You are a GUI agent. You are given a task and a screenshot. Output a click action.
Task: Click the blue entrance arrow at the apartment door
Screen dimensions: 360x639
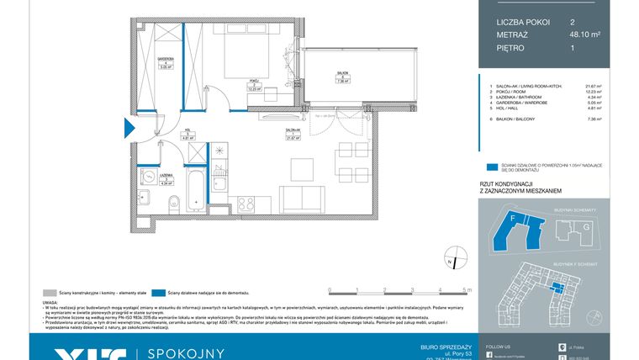[x=129, y=128]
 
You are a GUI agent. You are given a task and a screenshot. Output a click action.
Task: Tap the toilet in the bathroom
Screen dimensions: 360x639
[x=172, y=201]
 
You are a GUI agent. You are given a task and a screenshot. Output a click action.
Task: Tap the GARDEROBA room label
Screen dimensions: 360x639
[x=164, y=60]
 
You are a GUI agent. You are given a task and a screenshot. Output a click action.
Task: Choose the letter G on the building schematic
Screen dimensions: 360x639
[x=587, y=226]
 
